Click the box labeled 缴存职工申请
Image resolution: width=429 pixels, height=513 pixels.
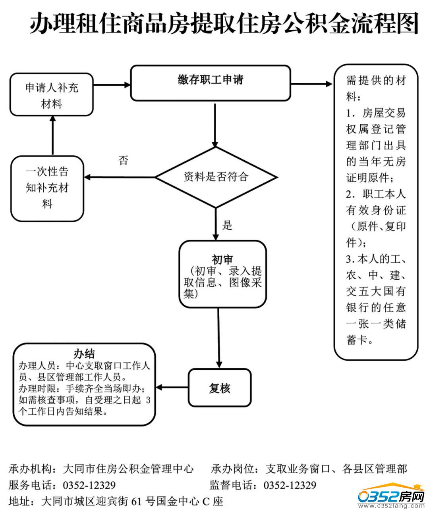click(x=211, y=83)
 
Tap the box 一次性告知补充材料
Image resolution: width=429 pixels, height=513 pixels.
click(x=47, y=188)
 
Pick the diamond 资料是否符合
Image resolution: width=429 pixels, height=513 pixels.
click(x=216, y=177)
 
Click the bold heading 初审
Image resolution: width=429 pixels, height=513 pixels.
click(x=222, y=259)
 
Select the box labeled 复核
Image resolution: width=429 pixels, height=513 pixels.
click(x=220, y=388)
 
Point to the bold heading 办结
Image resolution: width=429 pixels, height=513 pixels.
click(x=84, y=353)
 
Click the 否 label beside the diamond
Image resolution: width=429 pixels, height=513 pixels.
click(x=124, y=161)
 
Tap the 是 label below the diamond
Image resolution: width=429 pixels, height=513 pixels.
click(x=227, y=225)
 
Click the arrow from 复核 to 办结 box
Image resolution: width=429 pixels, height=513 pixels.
click(x=172, y=387)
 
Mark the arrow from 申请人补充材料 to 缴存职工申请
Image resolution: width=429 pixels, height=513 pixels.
click(x=112, y=85)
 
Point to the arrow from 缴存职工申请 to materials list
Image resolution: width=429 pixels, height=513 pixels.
click(x=312, y=84)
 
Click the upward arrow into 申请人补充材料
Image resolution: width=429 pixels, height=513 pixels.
click(x=52, y=135)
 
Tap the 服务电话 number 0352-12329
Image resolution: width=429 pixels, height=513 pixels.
click(x=89, y=485)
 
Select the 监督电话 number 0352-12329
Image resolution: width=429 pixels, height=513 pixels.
click(x=290, y=485)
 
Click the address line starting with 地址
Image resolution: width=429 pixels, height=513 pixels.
click(x=116, y=501)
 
